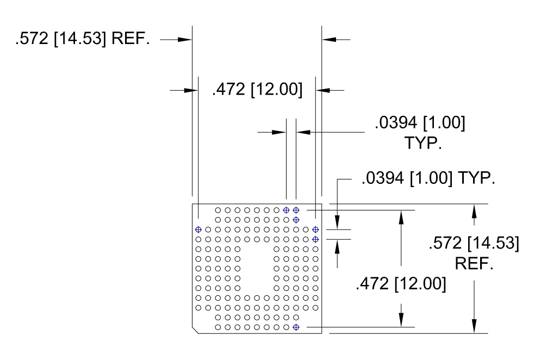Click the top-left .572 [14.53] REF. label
point(82,38)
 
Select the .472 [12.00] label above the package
point(257,89)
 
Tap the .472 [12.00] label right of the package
point(401,284)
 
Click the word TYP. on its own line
point(423,143)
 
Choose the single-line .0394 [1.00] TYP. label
point(428,178)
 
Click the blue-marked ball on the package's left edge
point(198,229)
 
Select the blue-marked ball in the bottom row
point(296,327)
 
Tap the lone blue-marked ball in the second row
point(296,220)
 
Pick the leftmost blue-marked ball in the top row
point(287,210)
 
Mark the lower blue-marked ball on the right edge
point(316,239)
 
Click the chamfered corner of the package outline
point(195,330)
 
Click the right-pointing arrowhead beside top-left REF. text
point(184,39)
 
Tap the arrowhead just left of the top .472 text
point(191,90)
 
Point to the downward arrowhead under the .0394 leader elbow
point(337,222)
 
